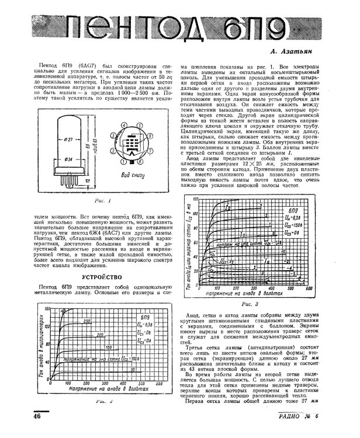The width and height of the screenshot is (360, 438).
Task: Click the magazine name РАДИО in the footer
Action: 304,432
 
